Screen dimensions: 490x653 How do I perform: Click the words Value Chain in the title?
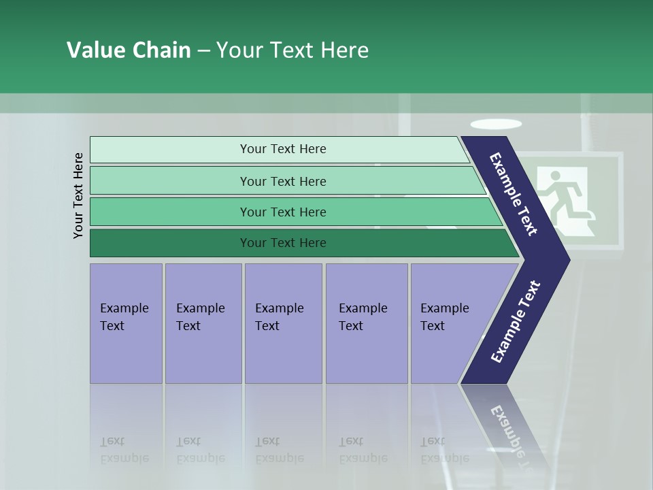129,50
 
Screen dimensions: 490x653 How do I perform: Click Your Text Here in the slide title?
292,50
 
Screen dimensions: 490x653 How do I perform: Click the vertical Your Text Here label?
78,195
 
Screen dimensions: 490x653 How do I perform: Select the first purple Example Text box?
126,323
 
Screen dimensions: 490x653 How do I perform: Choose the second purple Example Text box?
203,323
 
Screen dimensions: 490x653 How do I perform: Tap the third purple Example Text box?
282,323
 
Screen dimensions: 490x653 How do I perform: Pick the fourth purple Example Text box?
366,323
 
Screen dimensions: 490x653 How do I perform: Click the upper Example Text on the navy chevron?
514,194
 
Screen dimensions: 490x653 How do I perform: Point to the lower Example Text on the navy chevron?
515,321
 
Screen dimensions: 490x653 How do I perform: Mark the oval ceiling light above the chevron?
496,124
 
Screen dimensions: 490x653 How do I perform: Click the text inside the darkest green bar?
283,243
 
